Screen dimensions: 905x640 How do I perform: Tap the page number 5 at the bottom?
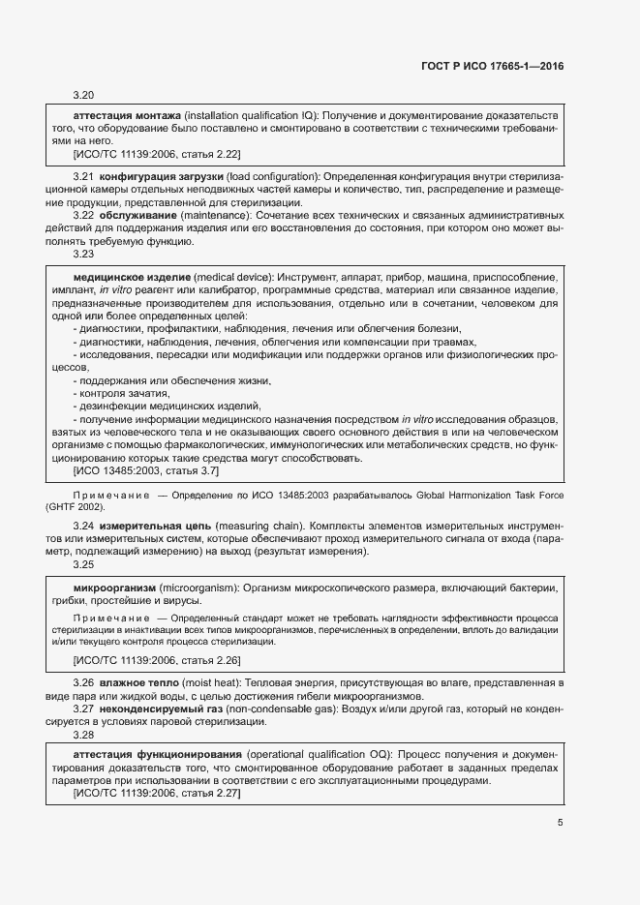click(561, 823)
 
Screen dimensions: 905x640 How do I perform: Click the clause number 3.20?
click(83, 96)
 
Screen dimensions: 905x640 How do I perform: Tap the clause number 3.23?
click(83, 254)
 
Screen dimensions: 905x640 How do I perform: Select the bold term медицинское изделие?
click(132, 278)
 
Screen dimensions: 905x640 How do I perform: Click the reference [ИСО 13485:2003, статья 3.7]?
click(146, 470)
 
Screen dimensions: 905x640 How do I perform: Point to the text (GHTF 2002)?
click(79, 506)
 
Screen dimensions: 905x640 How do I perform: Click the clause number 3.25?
click(83, 563)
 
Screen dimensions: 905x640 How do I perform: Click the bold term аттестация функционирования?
click(158, 753)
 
